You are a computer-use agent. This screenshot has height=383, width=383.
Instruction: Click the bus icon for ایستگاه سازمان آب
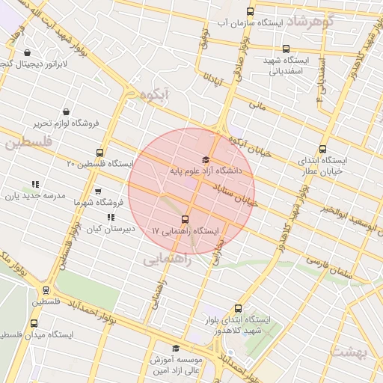pos(250,11)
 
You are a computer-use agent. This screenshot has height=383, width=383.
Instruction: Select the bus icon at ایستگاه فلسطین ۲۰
pos(100,152)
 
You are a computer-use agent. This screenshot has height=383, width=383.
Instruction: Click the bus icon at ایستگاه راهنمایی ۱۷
pos(186,220)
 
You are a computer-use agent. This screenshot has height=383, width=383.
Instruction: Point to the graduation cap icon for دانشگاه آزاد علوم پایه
pos(206,159)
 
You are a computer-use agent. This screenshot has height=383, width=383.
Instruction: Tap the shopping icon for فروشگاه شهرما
pos(98,191)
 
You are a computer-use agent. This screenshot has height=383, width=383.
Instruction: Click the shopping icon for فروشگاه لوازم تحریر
pos(67,111)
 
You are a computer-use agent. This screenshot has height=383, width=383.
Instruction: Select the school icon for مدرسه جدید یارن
pos(34,184)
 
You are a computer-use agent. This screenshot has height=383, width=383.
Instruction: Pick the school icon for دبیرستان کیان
pos(111,218)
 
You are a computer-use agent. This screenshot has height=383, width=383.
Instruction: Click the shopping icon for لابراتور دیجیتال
pos(28,53)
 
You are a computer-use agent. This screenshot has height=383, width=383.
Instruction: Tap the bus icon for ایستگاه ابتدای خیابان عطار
pos(322,149)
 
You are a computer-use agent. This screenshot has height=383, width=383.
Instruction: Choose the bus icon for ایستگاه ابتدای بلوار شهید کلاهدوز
pos(239,307)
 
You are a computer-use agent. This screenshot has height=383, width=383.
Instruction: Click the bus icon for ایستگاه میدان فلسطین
pos(34,323)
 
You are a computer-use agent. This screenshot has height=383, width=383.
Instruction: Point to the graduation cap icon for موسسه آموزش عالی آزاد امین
pos(176,348)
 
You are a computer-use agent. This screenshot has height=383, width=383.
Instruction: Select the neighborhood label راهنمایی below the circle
pos(167,259)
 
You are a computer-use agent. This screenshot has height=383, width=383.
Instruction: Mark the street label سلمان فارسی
pos(329,263)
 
